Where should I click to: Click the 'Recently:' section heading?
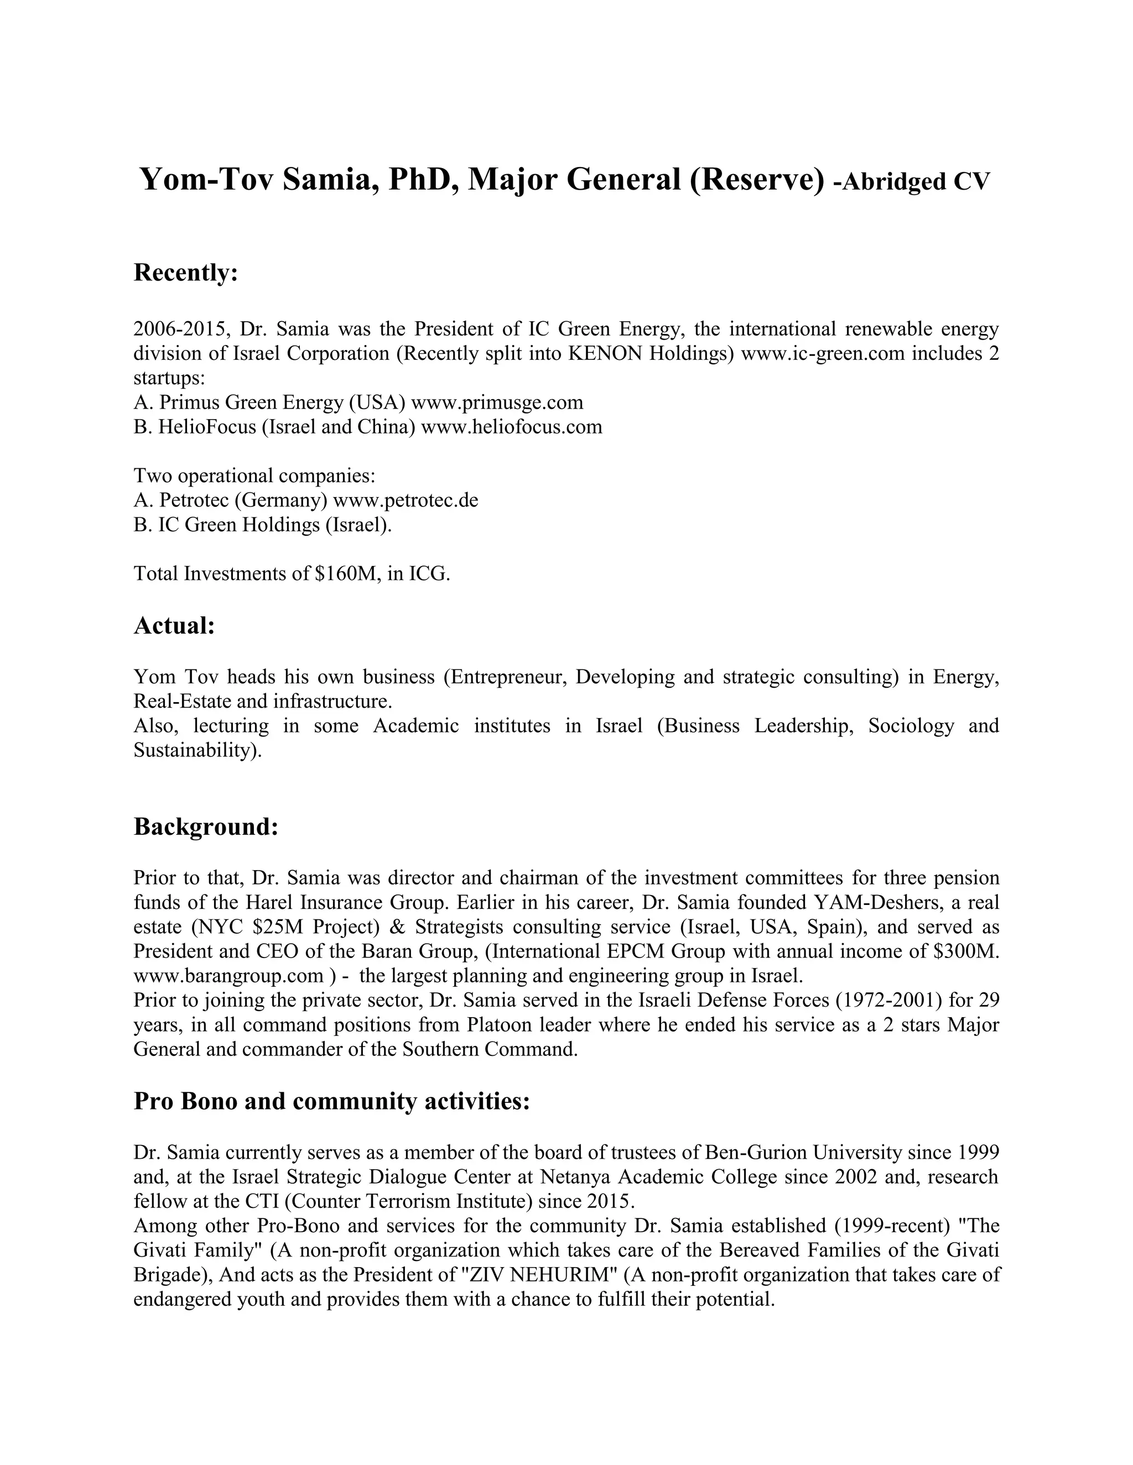(186, 273)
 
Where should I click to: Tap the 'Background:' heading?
(205, 826)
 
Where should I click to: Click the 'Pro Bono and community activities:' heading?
(331, 1101)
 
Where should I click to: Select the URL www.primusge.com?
(497, 402)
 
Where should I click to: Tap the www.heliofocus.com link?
(512, 427)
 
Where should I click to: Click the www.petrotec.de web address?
(406, 500)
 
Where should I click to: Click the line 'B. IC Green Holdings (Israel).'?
(262, 525)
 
